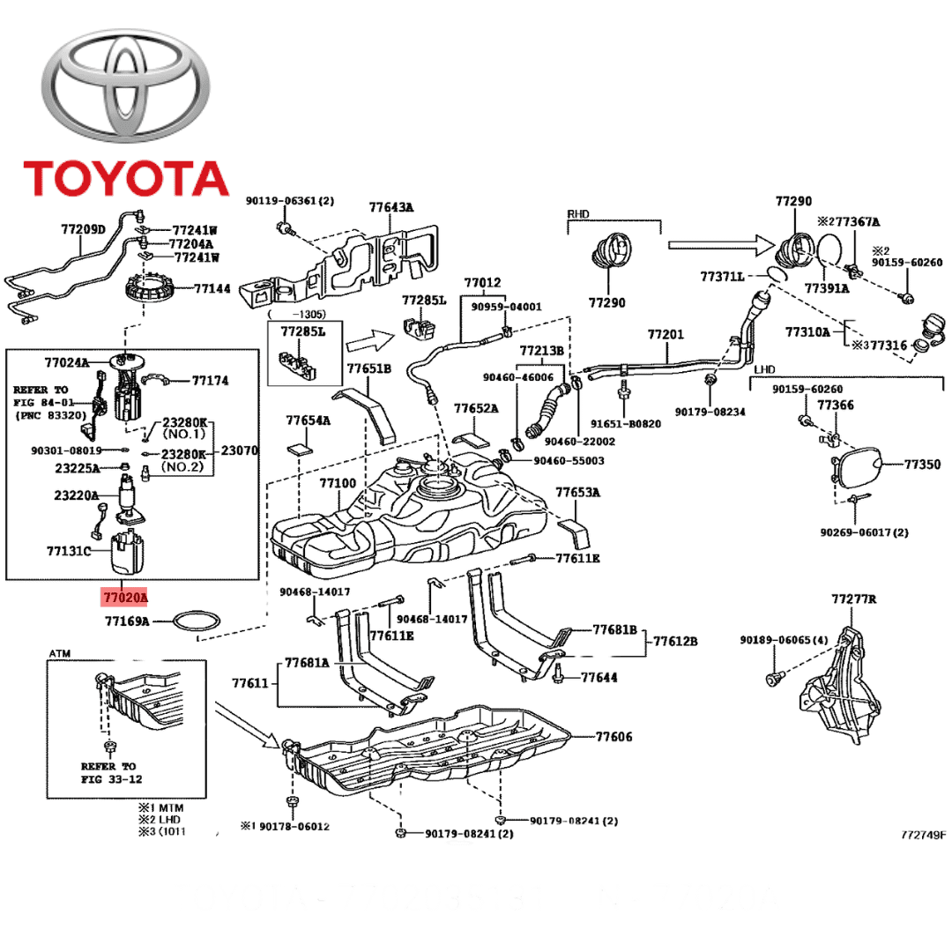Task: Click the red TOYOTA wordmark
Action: tap(125, 177)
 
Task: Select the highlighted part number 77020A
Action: tap(125, 597)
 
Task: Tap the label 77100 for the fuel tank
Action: tap(338, 484)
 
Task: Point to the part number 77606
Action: tap(614, 737)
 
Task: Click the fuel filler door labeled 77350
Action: tap(855, 464)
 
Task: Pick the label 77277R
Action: tap(854, 599)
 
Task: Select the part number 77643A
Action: tap(391, 208)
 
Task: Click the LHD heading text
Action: tap(764, 368)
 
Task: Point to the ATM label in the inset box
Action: tap(59, 654)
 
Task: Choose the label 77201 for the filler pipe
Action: tap(666, 335)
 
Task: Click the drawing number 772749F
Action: tap(923, 834)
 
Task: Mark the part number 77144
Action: tap(212, 288)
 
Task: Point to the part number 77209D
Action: tap(83, 230)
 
